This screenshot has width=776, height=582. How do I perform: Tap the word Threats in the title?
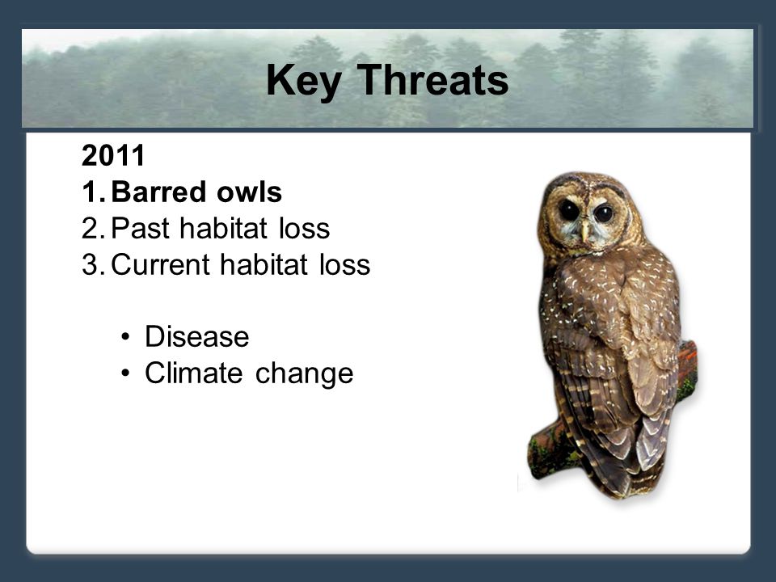[432, 79]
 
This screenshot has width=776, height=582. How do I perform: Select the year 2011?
[113, 155]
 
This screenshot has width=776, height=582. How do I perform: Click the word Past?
[140, 228]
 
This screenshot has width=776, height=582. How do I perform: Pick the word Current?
[160, 264]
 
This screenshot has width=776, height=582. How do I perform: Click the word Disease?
[197, 336]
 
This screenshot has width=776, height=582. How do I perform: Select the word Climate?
[194, 373]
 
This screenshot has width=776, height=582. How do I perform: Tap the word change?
[305, 374]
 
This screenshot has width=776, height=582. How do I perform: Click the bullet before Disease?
[125, 337]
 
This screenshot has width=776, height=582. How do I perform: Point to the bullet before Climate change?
[125, 373]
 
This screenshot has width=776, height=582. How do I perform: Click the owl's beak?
[585, 230]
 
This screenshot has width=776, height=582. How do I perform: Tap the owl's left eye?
[604, 213]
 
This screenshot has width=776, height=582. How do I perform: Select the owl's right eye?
[568, 210]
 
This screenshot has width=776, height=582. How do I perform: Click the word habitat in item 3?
[264, 264]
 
